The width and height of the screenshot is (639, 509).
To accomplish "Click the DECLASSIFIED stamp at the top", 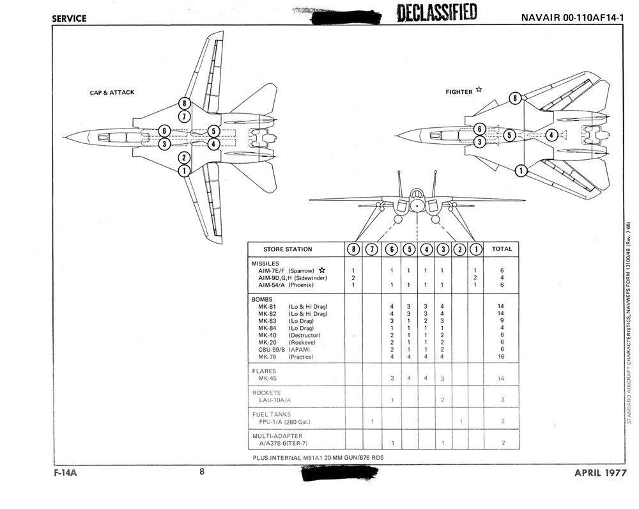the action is click(437, 13).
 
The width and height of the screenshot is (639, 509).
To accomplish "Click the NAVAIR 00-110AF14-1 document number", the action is click(572, 18).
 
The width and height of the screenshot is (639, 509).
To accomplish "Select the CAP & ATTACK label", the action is click(112, 93).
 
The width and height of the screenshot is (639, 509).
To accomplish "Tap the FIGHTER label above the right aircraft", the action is click(459, 92).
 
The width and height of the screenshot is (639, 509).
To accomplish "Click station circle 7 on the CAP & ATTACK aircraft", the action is click(184, 116).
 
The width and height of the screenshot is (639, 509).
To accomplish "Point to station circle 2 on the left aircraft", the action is click(184, 158).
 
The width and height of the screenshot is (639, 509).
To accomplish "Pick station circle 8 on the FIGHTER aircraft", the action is click(515, 98).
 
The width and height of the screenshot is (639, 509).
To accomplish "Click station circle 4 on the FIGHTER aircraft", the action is click(551, 135).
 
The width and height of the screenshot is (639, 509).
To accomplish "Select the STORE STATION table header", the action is click(288, 249).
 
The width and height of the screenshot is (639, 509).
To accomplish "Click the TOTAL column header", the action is click(502, 249).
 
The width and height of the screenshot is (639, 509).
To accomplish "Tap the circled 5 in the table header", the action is click(409, 249).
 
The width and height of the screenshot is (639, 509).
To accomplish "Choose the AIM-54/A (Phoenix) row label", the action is click(286, 285).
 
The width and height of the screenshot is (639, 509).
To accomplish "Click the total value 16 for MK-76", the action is click(501, 356).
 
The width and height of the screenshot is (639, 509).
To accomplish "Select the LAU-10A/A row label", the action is click(275, 400).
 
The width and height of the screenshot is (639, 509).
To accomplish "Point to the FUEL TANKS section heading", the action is click(272, 414).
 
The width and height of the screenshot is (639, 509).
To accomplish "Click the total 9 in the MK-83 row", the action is click(502, 320).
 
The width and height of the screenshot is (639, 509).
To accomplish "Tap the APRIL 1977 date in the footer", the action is click(600, 473).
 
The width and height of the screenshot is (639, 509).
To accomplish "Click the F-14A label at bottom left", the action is click(65, 473).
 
